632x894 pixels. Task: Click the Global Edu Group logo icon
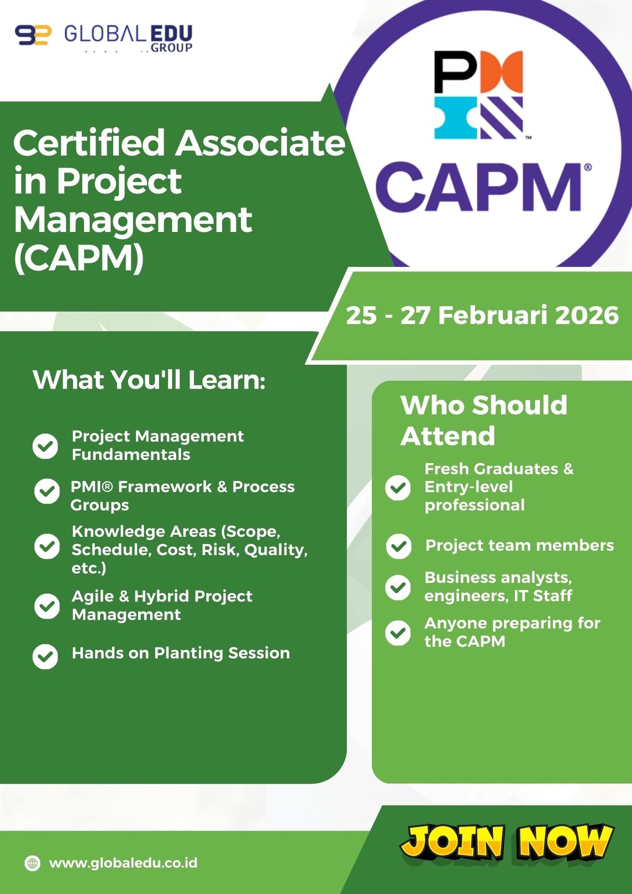33,35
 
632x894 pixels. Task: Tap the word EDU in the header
171,34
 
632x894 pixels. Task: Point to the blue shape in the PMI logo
455,118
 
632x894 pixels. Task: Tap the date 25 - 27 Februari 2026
482,315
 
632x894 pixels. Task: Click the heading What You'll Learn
149,380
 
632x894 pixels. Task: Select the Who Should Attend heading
484,420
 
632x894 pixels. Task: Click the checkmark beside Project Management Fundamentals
45,446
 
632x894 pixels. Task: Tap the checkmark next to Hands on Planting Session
45,657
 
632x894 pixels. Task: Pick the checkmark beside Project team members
399,546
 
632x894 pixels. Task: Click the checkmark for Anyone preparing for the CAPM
398,633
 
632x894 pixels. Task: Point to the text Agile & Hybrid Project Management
162,605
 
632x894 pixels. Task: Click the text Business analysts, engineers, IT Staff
498,586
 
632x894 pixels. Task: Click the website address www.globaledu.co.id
123,863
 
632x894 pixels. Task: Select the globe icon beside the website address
32,863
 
